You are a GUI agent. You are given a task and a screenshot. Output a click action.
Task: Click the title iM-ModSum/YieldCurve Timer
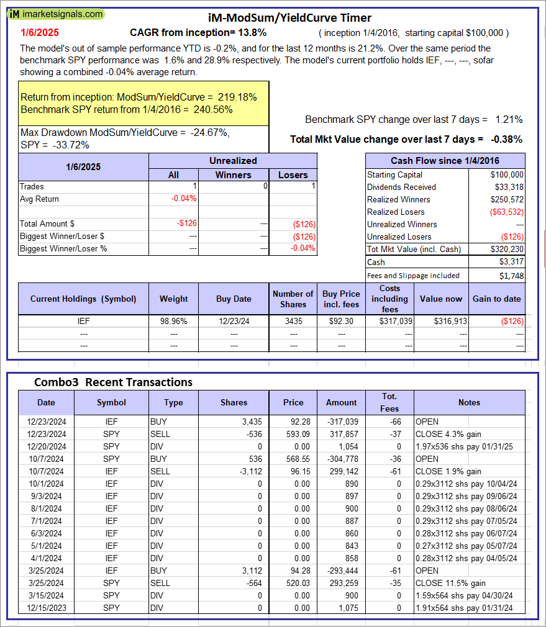(289, 18)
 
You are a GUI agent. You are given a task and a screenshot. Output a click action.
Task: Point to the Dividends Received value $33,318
(507, 187)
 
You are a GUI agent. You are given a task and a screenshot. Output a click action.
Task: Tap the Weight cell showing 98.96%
(173, 322)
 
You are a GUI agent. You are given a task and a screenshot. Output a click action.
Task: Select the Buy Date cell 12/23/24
(234, 322)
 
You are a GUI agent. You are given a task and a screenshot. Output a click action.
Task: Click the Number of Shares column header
(293, 299)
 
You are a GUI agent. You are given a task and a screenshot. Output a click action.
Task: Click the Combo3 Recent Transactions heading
(113, 382)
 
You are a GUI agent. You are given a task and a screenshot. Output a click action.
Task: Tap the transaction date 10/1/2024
(46, 484)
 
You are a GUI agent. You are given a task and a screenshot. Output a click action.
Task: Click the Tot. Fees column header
(389, 402)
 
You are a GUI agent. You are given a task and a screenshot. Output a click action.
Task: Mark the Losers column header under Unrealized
(293, 175)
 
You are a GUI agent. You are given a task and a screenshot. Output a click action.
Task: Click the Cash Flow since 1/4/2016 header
(444, 161)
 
